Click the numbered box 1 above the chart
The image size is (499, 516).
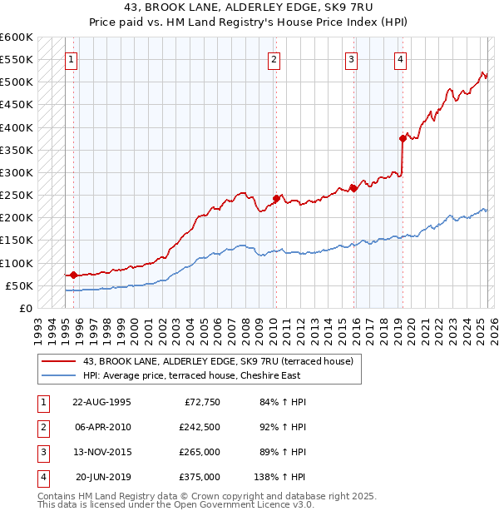pos(72,59)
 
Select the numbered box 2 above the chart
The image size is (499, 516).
pos(274,59)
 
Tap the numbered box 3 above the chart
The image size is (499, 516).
pos(352,59)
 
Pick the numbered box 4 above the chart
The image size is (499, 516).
pos(401,59)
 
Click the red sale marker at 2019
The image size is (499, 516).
pos(403,139)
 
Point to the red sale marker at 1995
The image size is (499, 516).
pos(73,275)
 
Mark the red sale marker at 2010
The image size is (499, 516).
pos(275,198)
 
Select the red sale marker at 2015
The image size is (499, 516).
pos(353,188)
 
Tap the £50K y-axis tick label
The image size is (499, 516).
pos(19,285)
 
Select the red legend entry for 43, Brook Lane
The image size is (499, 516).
pos(218,360)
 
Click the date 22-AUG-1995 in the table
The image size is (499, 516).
pos(101,402)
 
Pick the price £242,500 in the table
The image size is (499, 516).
pos(200,427)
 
